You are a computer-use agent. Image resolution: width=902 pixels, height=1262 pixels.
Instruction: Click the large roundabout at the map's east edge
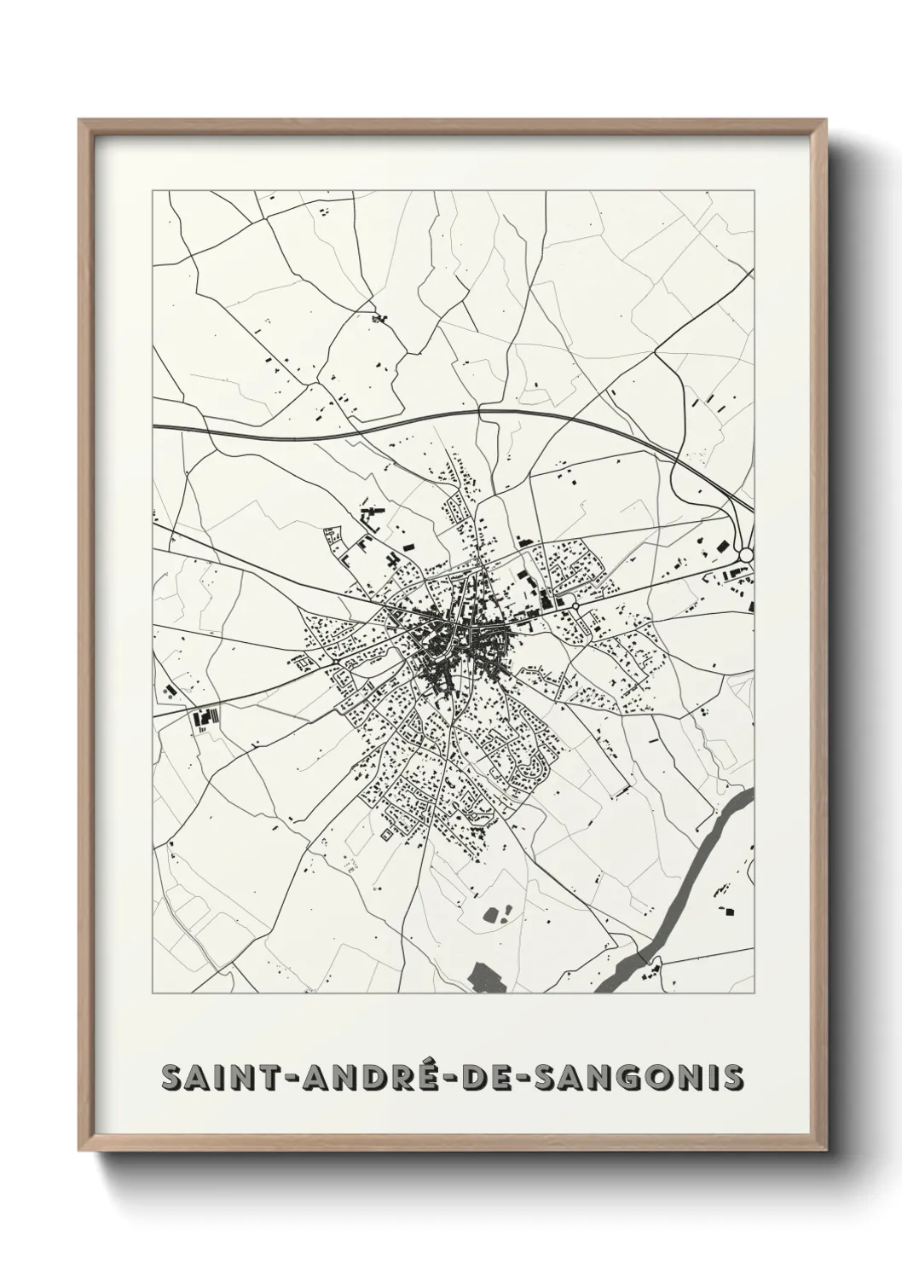coord(746,555)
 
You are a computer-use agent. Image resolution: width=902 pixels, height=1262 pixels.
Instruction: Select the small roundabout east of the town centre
coord(575,606)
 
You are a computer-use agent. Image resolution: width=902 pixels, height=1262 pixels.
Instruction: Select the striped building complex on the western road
coord(205,718)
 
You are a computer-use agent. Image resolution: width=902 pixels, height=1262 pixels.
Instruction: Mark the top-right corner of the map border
coord(754,190)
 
